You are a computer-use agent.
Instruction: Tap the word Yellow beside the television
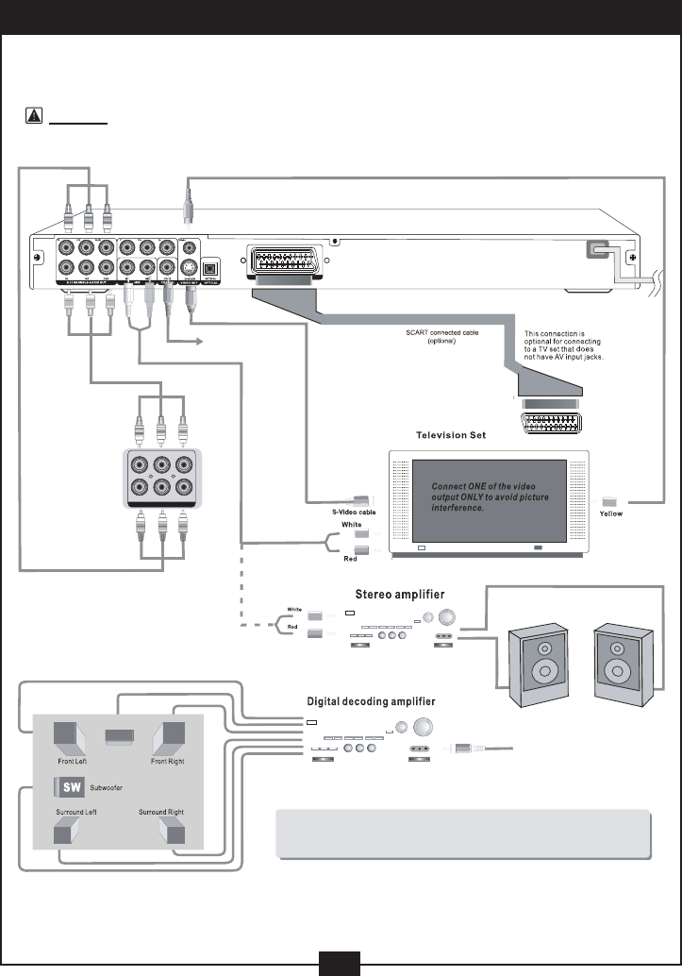coord(611,514)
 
